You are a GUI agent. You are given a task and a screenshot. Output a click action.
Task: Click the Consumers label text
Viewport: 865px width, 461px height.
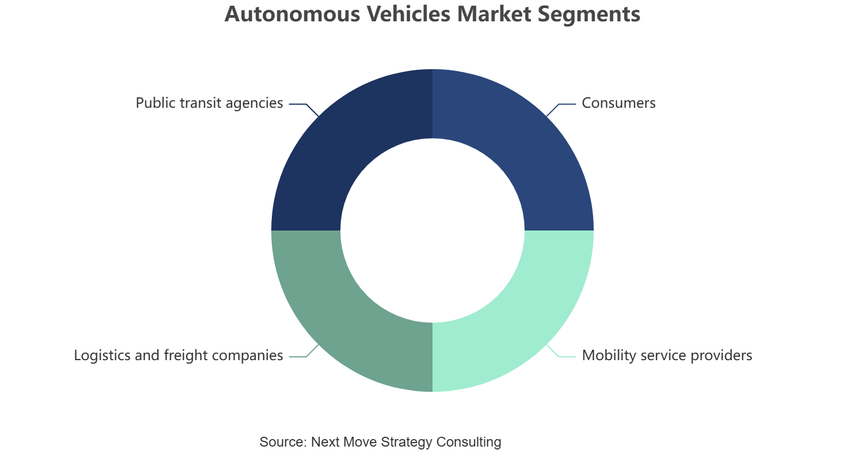tap(619, 103)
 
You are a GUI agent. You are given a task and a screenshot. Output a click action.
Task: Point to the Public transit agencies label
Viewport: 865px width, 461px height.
tap(209, 103)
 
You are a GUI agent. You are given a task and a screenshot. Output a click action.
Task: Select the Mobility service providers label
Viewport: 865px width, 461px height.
tap(667, 356)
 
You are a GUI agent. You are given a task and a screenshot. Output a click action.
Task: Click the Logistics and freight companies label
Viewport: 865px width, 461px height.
tap(179, 356)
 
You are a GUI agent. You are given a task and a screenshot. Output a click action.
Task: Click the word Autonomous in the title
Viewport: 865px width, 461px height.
tap(293, 14)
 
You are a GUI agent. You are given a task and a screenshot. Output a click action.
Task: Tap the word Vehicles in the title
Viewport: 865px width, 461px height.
tap(408, 14)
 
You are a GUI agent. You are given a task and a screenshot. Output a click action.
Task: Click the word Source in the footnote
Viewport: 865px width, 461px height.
tap(283, 441)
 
